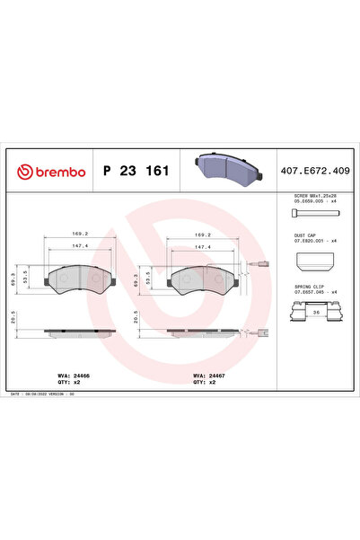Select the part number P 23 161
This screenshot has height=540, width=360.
click(135, 170)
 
